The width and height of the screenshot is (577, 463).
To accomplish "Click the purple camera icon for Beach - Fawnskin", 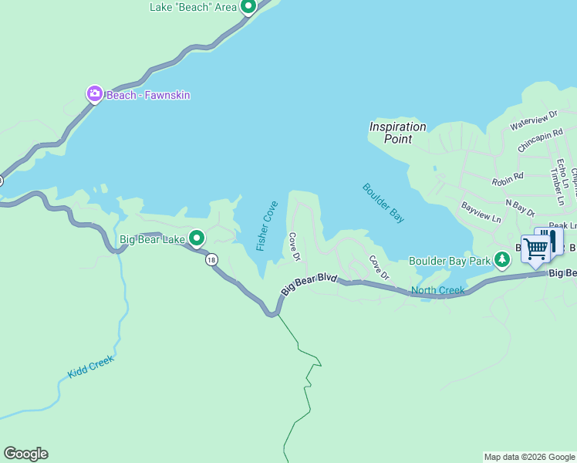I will click(x=94, y=94).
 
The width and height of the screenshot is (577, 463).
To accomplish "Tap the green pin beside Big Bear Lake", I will click(x=197, y=238).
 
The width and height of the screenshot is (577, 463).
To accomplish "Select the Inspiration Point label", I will click(x=397, y=133).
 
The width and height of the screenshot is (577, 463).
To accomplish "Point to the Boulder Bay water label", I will click(x=383, y=203).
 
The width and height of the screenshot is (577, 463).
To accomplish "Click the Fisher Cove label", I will click(x=267, y=225).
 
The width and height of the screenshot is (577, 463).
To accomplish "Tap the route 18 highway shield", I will click(x=211, y=260).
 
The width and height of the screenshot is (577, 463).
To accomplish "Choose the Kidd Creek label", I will click(x=90, y=367).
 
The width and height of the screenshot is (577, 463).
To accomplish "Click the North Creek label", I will click(x=437, y=291).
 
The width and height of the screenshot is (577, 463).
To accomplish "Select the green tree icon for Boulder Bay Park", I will click(x=502, y=259).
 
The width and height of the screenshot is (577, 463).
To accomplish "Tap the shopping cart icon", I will click(x=535, y=248).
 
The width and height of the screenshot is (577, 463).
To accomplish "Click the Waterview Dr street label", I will click(x=533, y=120).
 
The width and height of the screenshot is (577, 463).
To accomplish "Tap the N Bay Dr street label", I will click(x=520, y=206).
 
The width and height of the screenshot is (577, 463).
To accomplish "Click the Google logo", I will click(x=25, y=454).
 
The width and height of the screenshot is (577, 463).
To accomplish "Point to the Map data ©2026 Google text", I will click(x=529, y=457).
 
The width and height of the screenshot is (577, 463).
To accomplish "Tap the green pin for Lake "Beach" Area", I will click(x=248, y=7).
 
